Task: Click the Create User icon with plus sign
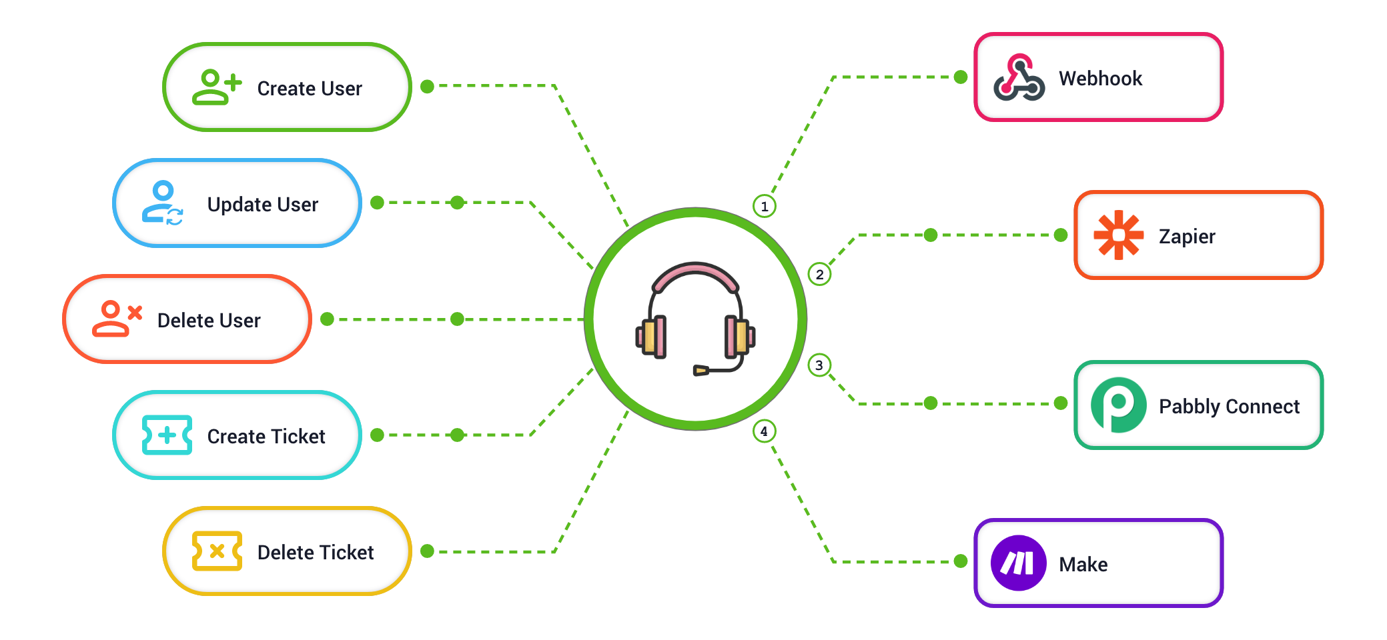coord(216,87)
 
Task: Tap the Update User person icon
coord(162,203)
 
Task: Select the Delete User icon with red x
coord(117,319)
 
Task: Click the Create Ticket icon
coord(167,435)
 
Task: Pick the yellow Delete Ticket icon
coord(217,551)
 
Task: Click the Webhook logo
coord(1019,78)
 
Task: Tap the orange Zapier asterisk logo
coord(1118,235)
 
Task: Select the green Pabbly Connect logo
coord(1118,405)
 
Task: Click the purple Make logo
coord(1018,563)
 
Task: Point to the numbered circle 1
coord(765,206)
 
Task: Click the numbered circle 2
coord(819,274)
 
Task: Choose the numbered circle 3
coord(819,365)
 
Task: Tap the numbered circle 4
coord(765,431)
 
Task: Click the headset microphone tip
coord(700,371)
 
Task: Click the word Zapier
coord(1187,237)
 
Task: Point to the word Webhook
coord(1100,79)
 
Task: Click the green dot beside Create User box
coord(428,87)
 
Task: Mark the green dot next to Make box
coord(961,561)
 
